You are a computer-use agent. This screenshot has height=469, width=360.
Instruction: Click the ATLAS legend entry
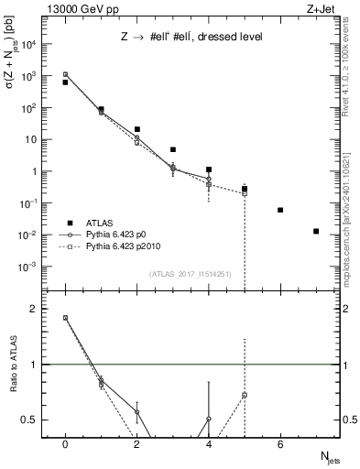[109, 223]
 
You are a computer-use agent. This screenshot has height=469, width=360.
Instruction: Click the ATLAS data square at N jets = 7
[316, 231]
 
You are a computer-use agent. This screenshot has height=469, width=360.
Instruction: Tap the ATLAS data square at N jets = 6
[280, 210]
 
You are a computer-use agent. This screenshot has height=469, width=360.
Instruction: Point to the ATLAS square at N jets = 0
[65, 82]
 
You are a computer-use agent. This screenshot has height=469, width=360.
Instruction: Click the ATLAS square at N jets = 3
[172, 149]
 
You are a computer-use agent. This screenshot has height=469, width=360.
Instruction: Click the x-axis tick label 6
[280, 444]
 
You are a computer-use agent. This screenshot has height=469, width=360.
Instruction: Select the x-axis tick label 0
[65, 444]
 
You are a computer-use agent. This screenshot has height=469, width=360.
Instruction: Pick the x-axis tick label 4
[209, 444]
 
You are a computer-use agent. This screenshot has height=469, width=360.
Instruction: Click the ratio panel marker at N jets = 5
[245, 395]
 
